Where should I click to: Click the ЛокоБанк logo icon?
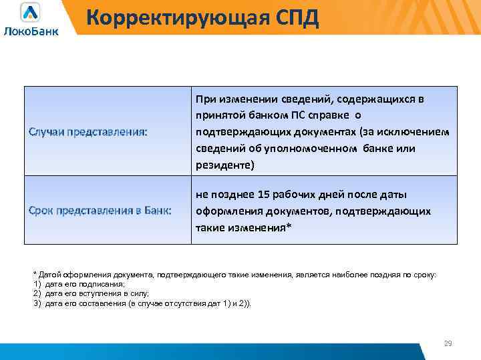[30, 13]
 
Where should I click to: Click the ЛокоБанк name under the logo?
[31, 31]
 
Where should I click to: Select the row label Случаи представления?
[88, 131]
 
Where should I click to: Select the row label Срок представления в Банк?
[100, 211]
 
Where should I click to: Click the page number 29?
[448, 343]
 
